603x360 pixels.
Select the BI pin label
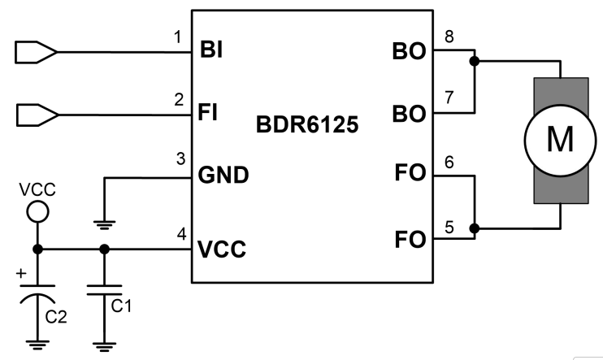point(210,53)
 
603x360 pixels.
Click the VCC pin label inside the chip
point(223,249)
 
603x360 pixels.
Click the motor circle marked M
point(559,141)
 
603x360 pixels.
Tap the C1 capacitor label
point(120,306)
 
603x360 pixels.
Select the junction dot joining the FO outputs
point(475,229)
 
